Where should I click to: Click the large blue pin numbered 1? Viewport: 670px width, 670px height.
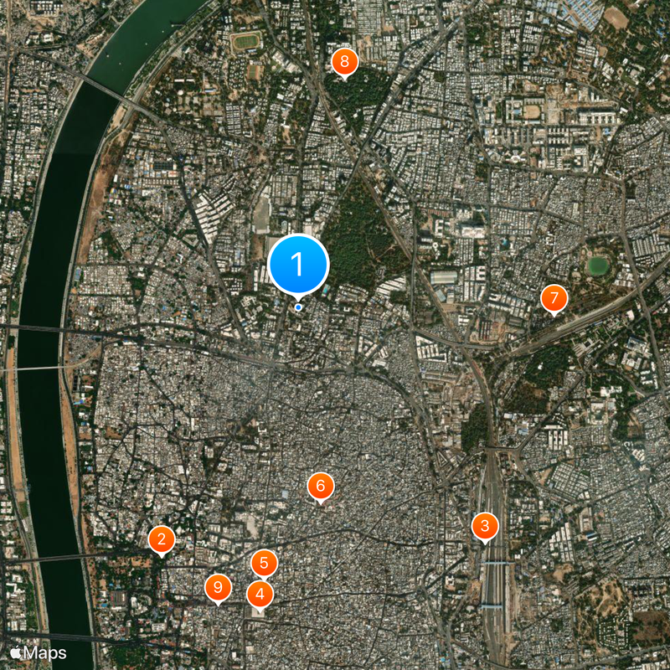[298, 265]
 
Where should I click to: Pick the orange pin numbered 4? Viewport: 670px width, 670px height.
[260, 595]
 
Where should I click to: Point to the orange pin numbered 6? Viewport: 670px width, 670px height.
[320, 486]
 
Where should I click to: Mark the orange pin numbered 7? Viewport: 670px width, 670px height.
[554, 299]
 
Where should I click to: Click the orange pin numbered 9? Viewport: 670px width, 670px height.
[218, 588]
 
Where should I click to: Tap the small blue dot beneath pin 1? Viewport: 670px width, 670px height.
[298, 307]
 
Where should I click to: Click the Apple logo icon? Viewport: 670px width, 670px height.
[15, 652]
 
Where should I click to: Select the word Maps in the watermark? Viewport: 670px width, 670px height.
[44, 652]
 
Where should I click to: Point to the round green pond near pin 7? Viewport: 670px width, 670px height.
[597, 266]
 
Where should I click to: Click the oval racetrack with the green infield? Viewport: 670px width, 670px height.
[246, 41]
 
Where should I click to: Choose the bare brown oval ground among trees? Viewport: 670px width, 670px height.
[616, 18]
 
